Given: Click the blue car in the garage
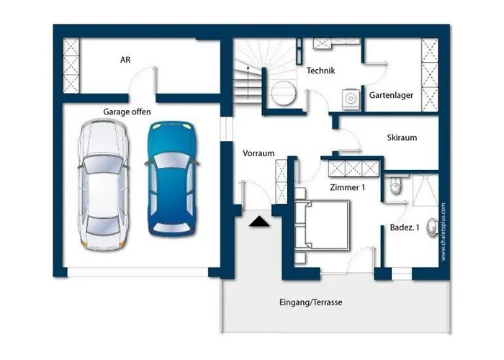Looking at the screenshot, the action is click(x=172, y=179).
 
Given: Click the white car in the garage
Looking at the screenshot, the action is click(x=104, y=185).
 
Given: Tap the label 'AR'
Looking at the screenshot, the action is click(x=125, y=60).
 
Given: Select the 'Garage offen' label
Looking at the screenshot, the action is click(x=127, y=112).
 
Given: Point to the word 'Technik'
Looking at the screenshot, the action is click(x=320, y=71).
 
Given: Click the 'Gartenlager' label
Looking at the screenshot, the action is click(x=391, y=95).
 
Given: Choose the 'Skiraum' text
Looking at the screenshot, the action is click(x=402, y=138).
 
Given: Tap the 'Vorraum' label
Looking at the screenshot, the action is click(x=258, y=153).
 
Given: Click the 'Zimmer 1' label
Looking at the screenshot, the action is click(x=348, y=187).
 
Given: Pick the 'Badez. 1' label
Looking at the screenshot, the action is click(x=405, y=228).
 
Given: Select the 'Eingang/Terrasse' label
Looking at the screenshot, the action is click(x=311, y=302).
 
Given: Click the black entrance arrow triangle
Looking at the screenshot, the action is click(x=259, y=222).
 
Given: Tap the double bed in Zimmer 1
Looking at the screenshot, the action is click(x=322, y=225).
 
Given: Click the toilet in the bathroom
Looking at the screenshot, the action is click(x=396, y=185).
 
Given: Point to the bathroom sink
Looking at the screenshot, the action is click(x=432, y=228).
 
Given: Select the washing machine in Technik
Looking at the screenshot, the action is click(x=351, y=99).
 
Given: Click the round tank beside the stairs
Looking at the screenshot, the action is click(x=283, y=93).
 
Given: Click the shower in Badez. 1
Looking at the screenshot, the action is click(x=426, y=190).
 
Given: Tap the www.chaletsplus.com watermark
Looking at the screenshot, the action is click(x=444, y=231).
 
